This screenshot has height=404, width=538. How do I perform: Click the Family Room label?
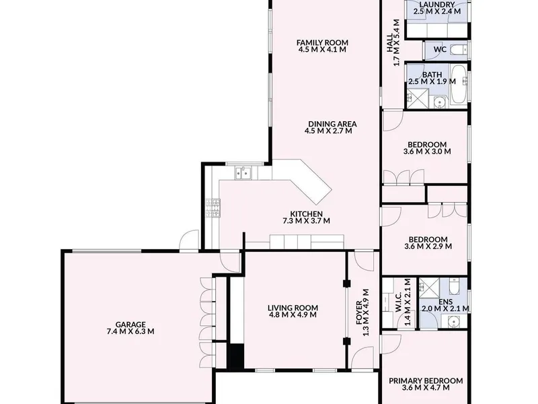click(x=322, y=42)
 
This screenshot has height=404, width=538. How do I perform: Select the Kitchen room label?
click(x=307, y=214)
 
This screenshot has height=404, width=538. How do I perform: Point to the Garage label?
click(x=130, y=325)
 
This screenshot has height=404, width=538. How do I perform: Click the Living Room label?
click(x=293, y=308)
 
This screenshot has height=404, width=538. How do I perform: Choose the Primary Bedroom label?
click(x=426, y=381)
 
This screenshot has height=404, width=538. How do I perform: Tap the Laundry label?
click(x=437, y=5)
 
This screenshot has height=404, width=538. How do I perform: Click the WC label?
click(x=440, y=49)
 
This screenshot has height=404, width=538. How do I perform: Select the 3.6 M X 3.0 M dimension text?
click(x=427, y=151)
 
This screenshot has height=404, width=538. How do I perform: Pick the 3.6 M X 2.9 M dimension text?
click(x=428, y=246)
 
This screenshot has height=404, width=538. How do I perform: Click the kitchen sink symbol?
click(x=243, y=173)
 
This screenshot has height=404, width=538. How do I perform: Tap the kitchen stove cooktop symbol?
click(x=213, y=208)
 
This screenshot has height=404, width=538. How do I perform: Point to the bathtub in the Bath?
click(x=458, y=85)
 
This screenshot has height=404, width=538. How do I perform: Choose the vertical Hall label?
click(x=390, y=42)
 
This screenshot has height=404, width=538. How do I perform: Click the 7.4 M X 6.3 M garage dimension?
click(x=130, y=331)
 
